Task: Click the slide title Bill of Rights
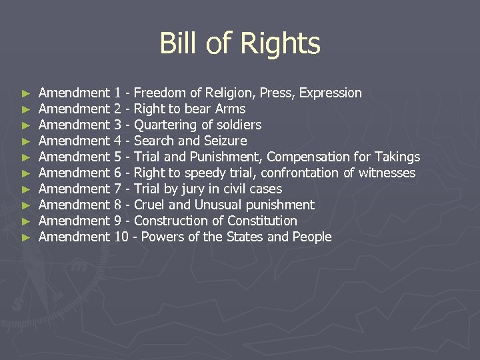pos(240,44)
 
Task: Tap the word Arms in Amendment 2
pos(231,109)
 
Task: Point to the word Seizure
pos(225,141)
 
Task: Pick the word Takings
pos(398,157)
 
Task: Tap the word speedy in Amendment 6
pos(209,173)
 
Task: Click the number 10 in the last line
pos(121,237)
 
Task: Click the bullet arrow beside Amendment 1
pos(25,93)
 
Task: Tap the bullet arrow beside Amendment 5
pos(25,157)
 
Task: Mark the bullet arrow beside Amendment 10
pos(25,237)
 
